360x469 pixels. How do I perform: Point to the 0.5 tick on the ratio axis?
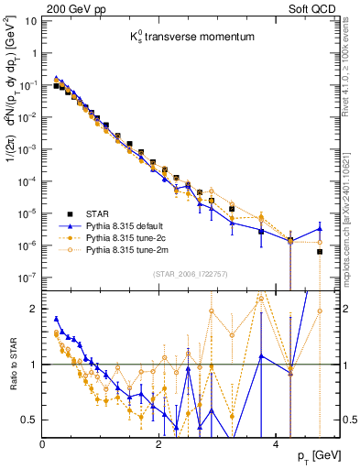pos(32,420)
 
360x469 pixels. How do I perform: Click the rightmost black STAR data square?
pos(320,251)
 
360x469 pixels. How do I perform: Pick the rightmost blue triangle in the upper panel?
pos(320,228)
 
